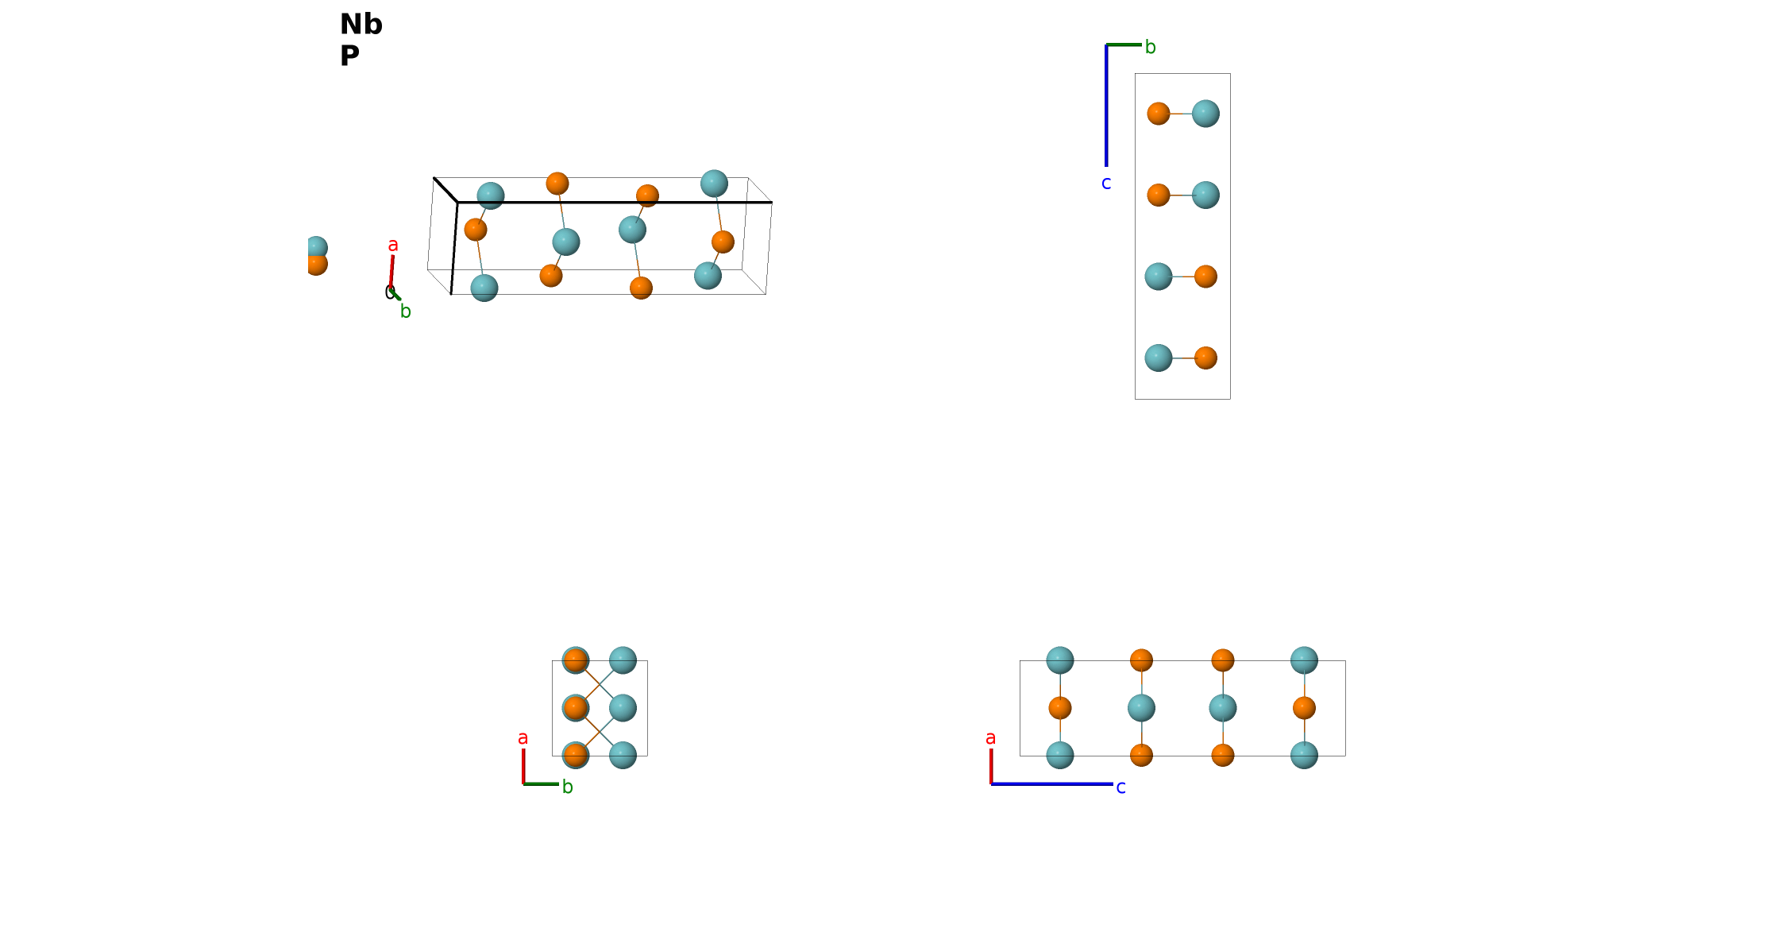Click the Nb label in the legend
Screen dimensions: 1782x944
point(361,25)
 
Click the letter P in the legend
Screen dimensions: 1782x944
point(349,56)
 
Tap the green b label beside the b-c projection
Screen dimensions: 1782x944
point(1151,47)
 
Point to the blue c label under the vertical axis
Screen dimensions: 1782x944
point(1106,184)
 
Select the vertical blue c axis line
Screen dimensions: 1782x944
point(1106,106)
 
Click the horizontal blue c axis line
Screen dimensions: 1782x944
point(1052,784)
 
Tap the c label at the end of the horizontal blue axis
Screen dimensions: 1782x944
point(1120,787)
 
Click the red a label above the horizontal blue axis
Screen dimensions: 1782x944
point(990,738)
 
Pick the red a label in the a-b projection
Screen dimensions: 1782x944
point(523,738)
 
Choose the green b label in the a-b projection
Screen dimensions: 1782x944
point(568,787)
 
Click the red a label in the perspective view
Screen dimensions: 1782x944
point(393,246)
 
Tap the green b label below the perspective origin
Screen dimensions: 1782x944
point(406,311)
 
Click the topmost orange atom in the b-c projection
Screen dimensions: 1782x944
point(1159,114)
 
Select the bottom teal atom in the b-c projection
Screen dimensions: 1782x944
point(1159,358)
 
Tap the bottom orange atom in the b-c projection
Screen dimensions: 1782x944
point(1205,358)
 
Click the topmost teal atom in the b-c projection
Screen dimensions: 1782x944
point(1205,114)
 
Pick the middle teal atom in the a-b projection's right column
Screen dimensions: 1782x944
point(623,708)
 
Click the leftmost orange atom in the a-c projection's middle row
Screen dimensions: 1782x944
point(1060,708)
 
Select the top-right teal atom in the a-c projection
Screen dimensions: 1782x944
point(1304,660)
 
